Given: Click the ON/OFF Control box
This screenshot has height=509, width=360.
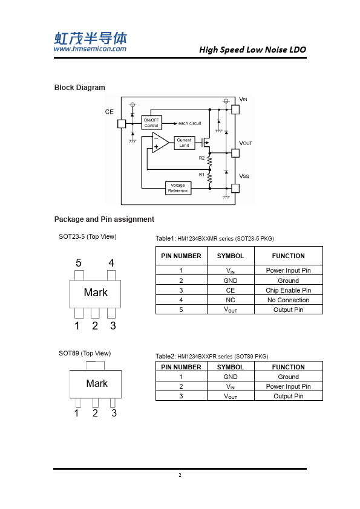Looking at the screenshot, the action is click(151, 123).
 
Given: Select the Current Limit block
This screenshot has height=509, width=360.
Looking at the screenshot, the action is click(184, 143).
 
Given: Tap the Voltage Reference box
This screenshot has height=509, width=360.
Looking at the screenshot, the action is click(178, 188).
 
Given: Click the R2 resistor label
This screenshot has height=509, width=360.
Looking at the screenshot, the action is click(201, 158).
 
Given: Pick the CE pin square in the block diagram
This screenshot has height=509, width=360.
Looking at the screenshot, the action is click(122, 124).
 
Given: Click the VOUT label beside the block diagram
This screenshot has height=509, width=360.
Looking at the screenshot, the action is click(246, 143).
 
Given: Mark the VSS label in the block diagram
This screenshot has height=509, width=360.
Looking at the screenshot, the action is click(244, 176).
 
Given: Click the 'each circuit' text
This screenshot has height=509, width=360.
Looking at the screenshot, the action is click(190, 123).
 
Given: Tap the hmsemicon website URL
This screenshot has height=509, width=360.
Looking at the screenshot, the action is click(90, 49).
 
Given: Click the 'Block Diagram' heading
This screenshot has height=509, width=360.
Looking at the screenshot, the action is click(80, 88).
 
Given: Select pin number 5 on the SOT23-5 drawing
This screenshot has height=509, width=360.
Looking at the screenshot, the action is click(79, 263).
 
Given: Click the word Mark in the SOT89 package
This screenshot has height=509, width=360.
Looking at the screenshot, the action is click(97, 383).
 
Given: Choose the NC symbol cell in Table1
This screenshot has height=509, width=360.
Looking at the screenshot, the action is click(231, 300).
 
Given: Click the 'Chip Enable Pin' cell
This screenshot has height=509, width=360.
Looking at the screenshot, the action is click(289, 290).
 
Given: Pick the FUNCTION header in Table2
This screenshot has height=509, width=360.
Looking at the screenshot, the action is click(289, 367).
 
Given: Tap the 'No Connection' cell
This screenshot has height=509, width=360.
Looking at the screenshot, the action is click(289, 300).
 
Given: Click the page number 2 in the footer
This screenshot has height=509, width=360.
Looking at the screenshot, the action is click(180, 475).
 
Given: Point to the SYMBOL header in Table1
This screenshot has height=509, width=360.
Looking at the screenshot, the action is click(231, 256).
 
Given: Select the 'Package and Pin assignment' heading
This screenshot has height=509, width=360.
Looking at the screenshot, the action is click(104, 219).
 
